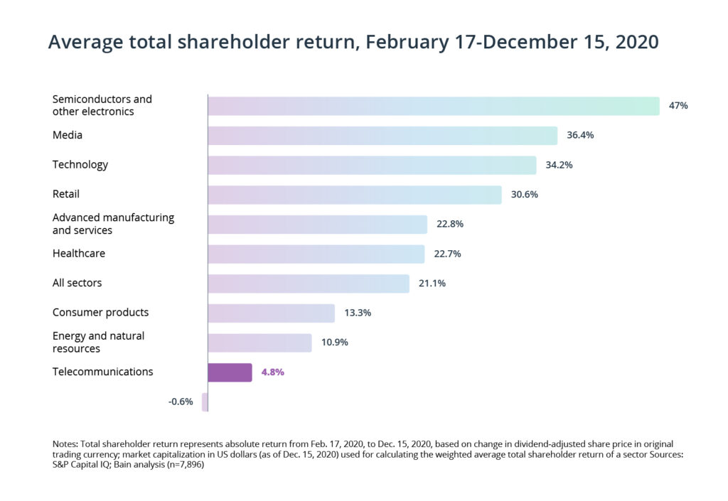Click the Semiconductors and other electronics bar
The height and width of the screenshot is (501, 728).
(434, 106)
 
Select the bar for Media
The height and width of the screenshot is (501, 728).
(382, 136)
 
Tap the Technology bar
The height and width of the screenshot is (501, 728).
(372, 165)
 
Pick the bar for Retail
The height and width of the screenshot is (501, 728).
(355, 195)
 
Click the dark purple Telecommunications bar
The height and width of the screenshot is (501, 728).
(230, 372)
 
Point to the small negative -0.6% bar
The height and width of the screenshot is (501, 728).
(205, 402)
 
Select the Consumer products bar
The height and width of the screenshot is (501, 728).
(271, 313)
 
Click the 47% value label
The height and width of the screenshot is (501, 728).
(678, 106)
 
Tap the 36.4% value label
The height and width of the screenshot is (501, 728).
(579, 135)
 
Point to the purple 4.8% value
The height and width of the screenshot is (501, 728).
(273, 372)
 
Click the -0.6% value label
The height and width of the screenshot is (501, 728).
(181, 402)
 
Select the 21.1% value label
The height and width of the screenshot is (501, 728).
(432, 283)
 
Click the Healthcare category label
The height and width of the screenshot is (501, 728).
(79, 253)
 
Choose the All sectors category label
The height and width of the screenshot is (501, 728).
(77, 283)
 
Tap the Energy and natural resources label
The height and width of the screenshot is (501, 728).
(98, 342)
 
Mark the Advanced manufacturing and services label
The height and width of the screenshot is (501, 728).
(113, 224)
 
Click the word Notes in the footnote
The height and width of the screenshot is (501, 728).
(66, 443)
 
